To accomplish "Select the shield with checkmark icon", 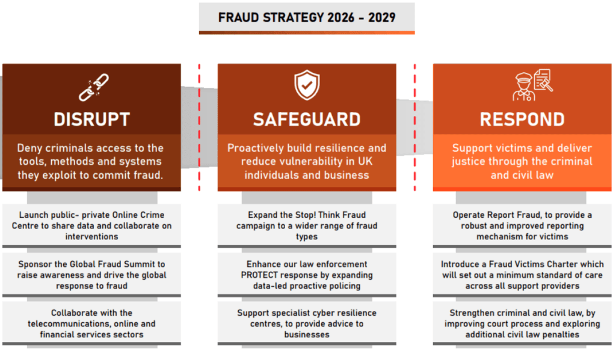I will pyautogui.click(x=307, y=86).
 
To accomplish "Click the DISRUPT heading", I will pyautogui.click(x=91, y=119).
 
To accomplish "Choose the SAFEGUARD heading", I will pyautogui.click(x=307, y=119).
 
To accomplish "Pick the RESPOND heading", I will pyautogui.click(x=522, y=119).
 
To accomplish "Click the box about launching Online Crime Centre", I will pyautogui.click(x=91, y=225).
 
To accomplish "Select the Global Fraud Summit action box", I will pyautogui.click(x=91, y=275).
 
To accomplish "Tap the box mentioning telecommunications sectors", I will pyautogui.click(x=91, y=324).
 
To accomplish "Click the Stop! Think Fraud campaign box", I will pyautogui.click(x=307, y=225).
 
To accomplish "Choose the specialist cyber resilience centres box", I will pyautogui.click(x=307, y=324).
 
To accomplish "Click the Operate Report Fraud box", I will pyautogui.click(x=522, y=225).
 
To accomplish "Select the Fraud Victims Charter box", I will pyautogui.click(x=522, y=275).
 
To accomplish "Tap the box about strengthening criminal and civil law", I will pyautogui.click(x=522, y=324).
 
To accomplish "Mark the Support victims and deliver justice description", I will pyautogui.click(x=522, y=161).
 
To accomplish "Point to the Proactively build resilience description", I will pyautogui.click(x=307, y=161).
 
